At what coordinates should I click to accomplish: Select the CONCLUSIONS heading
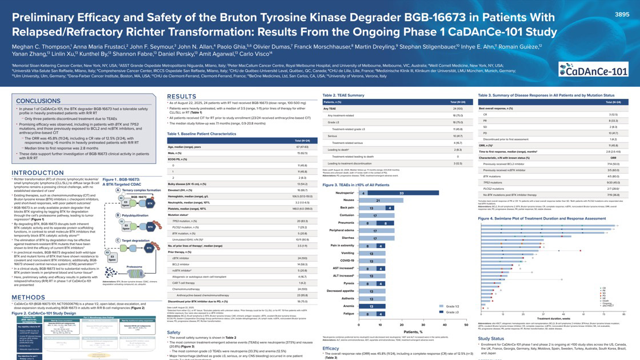coord(39,101)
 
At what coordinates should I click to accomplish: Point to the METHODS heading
coord(25,297)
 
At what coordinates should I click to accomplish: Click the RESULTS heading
coord(182,96)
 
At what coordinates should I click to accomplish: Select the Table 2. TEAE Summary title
coord(343,95)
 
